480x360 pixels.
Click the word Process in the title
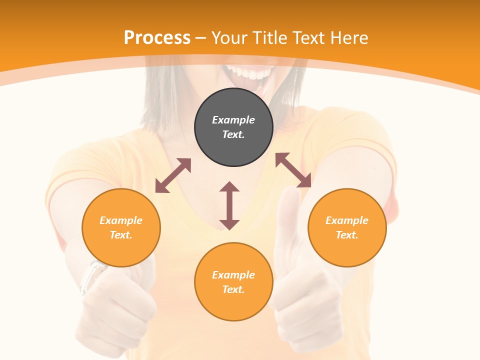coord(157,37)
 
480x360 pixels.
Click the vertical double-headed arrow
coord(229,205)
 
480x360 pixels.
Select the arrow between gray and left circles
coord(173,175)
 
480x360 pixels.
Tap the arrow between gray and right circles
coord(293,170)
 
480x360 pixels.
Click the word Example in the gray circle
coord(233,120)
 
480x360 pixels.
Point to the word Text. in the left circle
coord(121,235)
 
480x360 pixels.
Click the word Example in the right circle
coord(347,220)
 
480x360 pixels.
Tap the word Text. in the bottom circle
coord(233,289)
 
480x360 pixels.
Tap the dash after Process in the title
coord(201,38)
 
